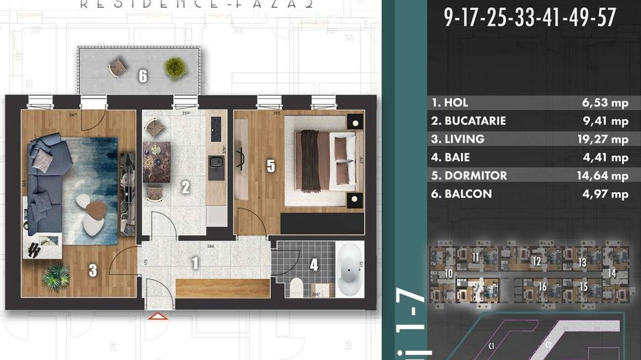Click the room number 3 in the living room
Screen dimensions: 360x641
tap(92, 271)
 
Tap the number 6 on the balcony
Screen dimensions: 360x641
tap(143, 76)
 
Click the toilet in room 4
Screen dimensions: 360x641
tap(297, 288)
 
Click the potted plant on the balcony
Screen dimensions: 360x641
tap(175, 67)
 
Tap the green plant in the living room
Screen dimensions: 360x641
tap(55, 277)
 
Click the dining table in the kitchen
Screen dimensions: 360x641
tap(156, 161)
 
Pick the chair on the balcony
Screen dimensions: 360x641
tap(118, 67)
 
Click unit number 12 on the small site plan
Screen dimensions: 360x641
tap(537, 261)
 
